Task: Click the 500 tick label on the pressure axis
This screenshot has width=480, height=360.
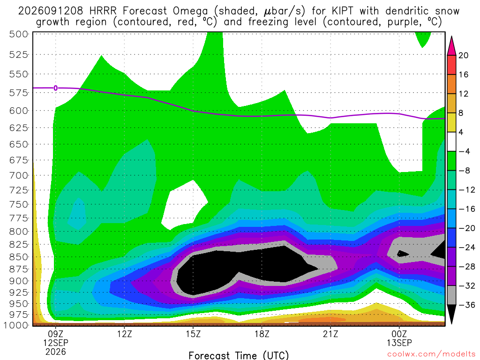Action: click(x=19, y=34)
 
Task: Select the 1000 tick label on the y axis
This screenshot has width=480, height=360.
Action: click(x=16, y=325)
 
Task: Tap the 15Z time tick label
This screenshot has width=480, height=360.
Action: click(x=193, y=334)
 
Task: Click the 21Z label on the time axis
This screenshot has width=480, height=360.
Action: click(x=330, y=334)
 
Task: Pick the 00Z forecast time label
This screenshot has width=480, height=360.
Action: click(x=399, y=334)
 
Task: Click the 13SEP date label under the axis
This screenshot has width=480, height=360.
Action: click(x=399, y=343)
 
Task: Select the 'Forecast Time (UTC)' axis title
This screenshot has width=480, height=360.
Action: click(x=239, y=355)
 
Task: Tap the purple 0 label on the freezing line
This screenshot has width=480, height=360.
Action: click(x=55, y=88)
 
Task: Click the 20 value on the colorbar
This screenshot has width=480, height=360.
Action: click(x=464, y=55)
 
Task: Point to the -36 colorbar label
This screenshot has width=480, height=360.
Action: click(x=467, y=305)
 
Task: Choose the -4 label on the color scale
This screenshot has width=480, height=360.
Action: click(x=464, y=151)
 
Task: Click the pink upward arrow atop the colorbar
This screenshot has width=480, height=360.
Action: click(x=451, y=45)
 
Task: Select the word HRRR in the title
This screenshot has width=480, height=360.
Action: click(x=103, y=11)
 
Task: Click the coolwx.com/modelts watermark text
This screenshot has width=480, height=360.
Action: click(x=431, y=354)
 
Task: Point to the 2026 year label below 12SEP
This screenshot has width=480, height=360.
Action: click(x=56, y=352)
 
